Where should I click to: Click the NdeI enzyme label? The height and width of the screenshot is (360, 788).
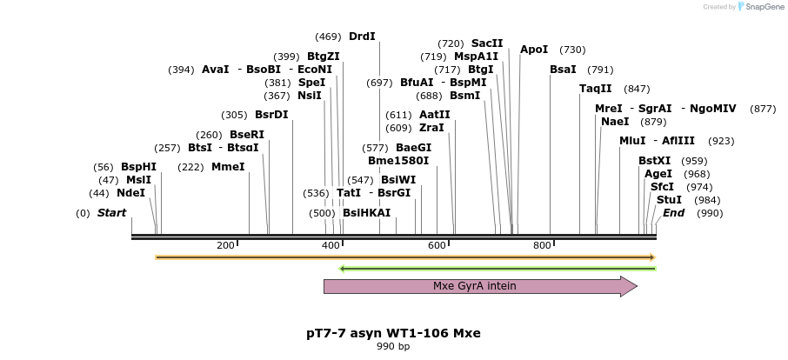coord(130,193)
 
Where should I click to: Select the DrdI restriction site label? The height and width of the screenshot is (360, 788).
coord(362,37)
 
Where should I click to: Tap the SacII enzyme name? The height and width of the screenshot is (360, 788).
coord(487,43)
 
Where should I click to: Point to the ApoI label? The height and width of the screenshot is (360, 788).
coord(534,50)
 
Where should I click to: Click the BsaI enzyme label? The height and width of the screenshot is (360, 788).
coord(563,70)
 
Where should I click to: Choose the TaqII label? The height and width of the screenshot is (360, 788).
coord(596,89)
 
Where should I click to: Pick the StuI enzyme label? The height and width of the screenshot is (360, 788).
coord(669,200)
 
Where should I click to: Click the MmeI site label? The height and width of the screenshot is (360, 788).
coord(228,167)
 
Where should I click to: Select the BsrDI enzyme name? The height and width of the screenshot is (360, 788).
coord(271,115)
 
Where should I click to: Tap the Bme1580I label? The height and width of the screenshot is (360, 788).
coord(398,160)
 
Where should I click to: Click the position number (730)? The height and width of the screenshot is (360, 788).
coord(572,50)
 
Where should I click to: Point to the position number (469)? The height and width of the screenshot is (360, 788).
coord(328,37)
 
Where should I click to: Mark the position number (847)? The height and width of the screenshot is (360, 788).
coord(637,89)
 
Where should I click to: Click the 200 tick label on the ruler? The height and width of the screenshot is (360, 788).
coord(225,245)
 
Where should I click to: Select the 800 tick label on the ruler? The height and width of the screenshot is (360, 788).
coord(542,245)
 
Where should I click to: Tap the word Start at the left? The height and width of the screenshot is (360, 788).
coord(111,213)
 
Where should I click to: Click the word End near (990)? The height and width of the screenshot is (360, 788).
coord(673,213)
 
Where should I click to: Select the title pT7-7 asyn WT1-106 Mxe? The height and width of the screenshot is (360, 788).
coord(393,333)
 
